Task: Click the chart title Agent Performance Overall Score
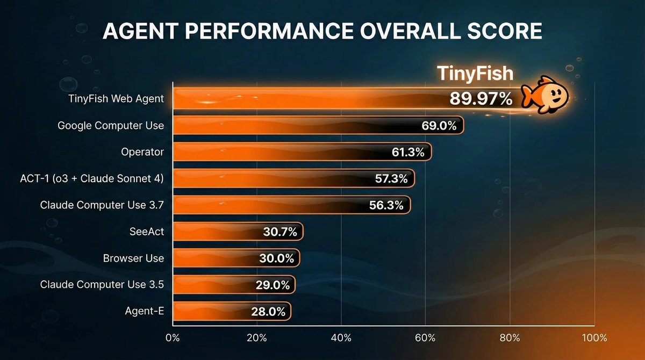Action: tap(322, 32)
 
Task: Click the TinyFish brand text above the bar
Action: tap(474, 73)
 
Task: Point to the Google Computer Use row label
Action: tap(111, 126)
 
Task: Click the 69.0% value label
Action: tap(439, 126)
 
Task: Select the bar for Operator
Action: tap(302, 152)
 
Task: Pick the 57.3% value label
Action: tap(391, 179)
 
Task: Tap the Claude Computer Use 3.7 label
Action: tap(102, 205)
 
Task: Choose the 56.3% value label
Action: tap(387, 205)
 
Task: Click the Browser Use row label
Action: tap(133, 258)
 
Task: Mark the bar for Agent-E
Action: tap(232, 311)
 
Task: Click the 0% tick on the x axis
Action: tap(173, 338)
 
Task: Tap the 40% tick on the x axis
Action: tap(341, 338)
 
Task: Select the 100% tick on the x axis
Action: tap(593, 338)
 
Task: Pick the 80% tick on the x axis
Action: tap(510, 338)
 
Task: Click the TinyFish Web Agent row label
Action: tap(116, 99)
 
